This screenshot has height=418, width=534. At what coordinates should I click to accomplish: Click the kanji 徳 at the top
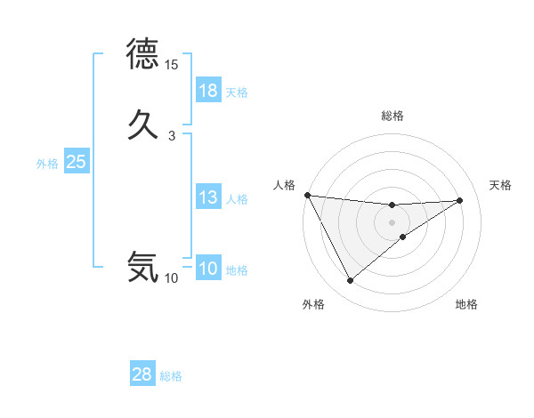142,55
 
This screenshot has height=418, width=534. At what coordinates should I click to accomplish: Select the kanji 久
142,122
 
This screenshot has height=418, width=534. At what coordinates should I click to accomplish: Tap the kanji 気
142,266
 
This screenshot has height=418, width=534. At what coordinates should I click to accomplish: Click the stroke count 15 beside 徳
171,65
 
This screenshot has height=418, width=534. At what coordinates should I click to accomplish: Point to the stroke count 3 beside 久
171,135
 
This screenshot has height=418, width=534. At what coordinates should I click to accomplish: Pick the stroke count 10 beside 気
171,278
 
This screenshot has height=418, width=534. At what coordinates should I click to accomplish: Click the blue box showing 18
208,91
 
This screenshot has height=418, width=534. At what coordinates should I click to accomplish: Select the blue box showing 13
208,197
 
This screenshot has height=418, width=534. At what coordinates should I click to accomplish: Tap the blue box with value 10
208,269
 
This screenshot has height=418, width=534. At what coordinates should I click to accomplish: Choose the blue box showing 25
76,162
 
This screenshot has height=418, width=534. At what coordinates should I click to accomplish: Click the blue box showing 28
142,374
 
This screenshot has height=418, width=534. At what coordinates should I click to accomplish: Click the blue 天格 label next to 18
237,92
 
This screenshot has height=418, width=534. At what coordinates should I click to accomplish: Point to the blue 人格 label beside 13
237,198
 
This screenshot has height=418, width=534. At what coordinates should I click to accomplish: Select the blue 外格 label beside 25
47,163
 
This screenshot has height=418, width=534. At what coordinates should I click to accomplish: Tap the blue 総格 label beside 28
171,376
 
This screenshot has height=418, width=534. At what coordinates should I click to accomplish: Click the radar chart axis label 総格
392,116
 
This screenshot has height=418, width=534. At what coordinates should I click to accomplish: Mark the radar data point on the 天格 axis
460,200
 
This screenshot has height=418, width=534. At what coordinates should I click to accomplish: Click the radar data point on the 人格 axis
307,195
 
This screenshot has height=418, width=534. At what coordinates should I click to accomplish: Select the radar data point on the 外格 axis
350,281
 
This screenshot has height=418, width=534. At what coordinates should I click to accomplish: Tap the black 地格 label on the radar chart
466,304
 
